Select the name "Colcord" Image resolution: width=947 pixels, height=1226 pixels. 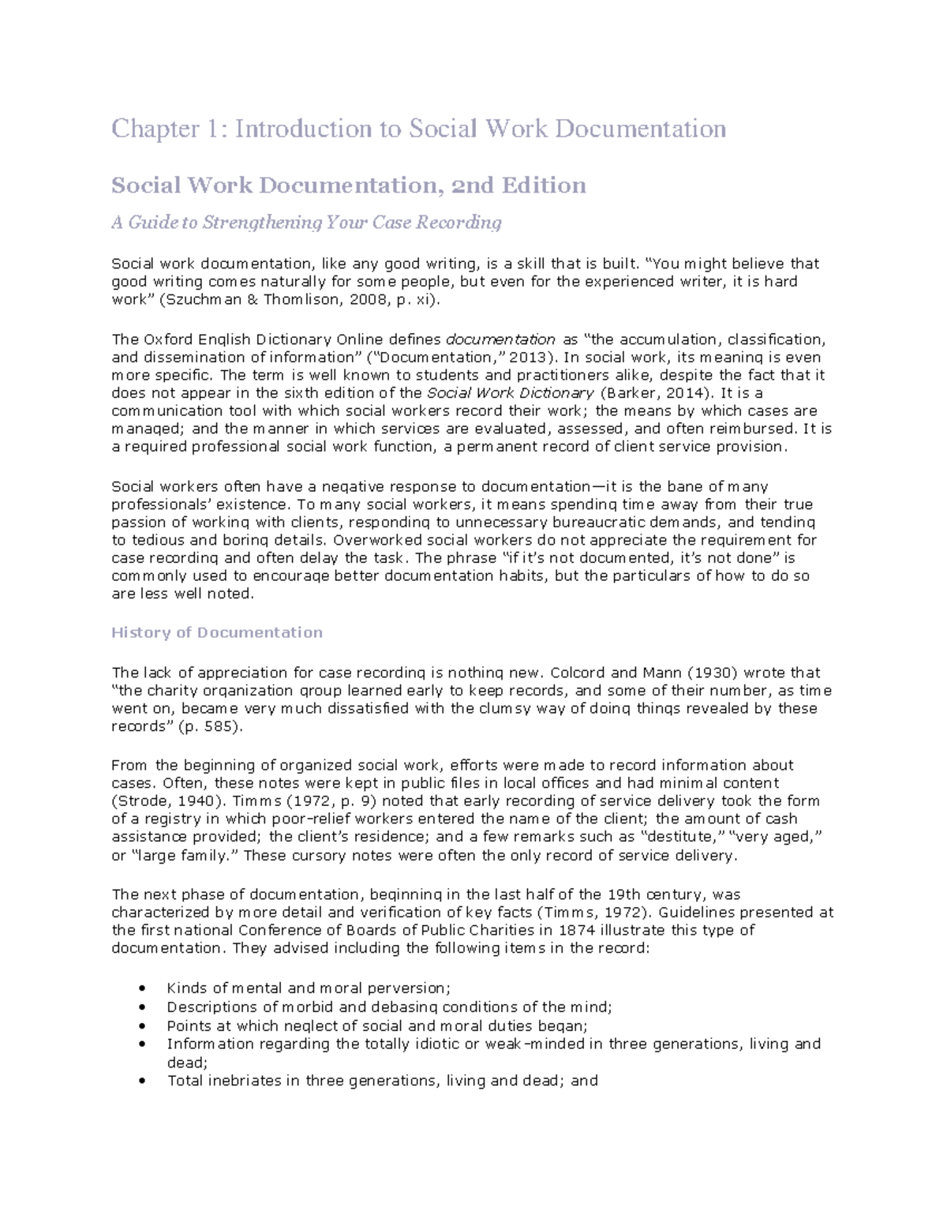coord(578,673)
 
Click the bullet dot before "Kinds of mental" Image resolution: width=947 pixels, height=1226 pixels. coord(141,988)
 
